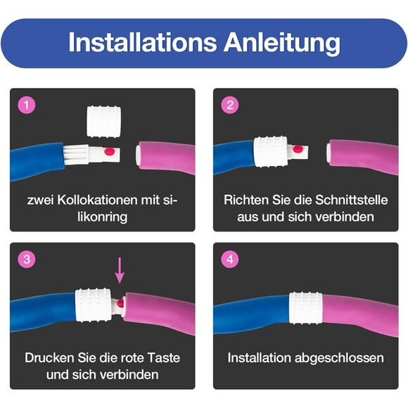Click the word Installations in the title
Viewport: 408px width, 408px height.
pos(142,42)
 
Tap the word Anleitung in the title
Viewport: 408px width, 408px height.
pos(282,44)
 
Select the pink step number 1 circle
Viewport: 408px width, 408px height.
pos(27,105)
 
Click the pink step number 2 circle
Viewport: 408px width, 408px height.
pos(230,105)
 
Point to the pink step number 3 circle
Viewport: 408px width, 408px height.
pos(27,259)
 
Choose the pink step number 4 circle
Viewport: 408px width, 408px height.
pos(230,259)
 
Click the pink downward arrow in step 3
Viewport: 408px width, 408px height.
pos(120,270)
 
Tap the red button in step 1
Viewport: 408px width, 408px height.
pos(110,151)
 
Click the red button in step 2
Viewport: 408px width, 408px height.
pos(298,149)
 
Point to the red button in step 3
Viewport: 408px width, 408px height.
pos(120,303)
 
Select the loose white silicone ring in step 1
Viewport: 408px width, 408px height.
pos(103,121)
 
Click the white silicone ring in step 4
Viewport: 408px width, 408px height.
pos(306,308)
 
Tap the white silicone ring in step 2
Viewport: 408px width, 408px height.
pos(271,151)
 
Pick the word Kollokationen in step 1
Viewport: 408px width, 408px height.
pos(97,200)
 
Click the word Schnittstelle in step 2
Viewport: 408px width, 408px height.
pos(351,200)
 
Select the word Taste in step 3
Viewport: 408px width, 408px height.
pos(164,358)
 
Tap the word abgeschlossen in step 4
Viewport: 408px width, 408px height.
pos(339,358)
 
